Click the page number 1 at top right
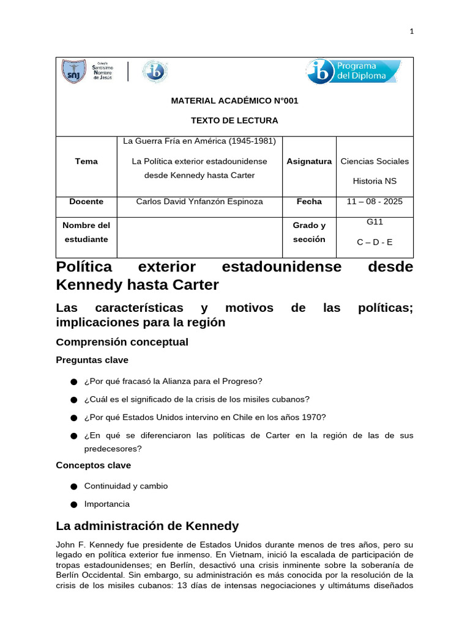412,32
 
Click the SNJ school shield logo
73,72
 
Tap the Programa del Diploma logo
354,72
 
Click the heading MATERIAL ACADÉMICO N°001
234,100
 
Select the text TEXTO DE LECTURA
234,120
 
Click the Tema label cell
86,161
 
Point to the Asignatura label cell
309,161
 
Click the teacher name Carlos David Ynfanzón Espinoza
200,202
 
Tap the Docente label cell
86,202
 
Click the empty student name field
200,237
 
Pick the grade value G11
375,223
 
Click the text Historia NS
375,181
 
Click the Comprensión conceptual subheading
122,342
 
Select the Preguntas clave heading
92,361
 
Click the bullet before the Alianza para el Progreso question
73,382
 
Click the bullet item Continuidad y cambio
125,486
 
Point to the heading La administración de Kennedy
147,526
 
